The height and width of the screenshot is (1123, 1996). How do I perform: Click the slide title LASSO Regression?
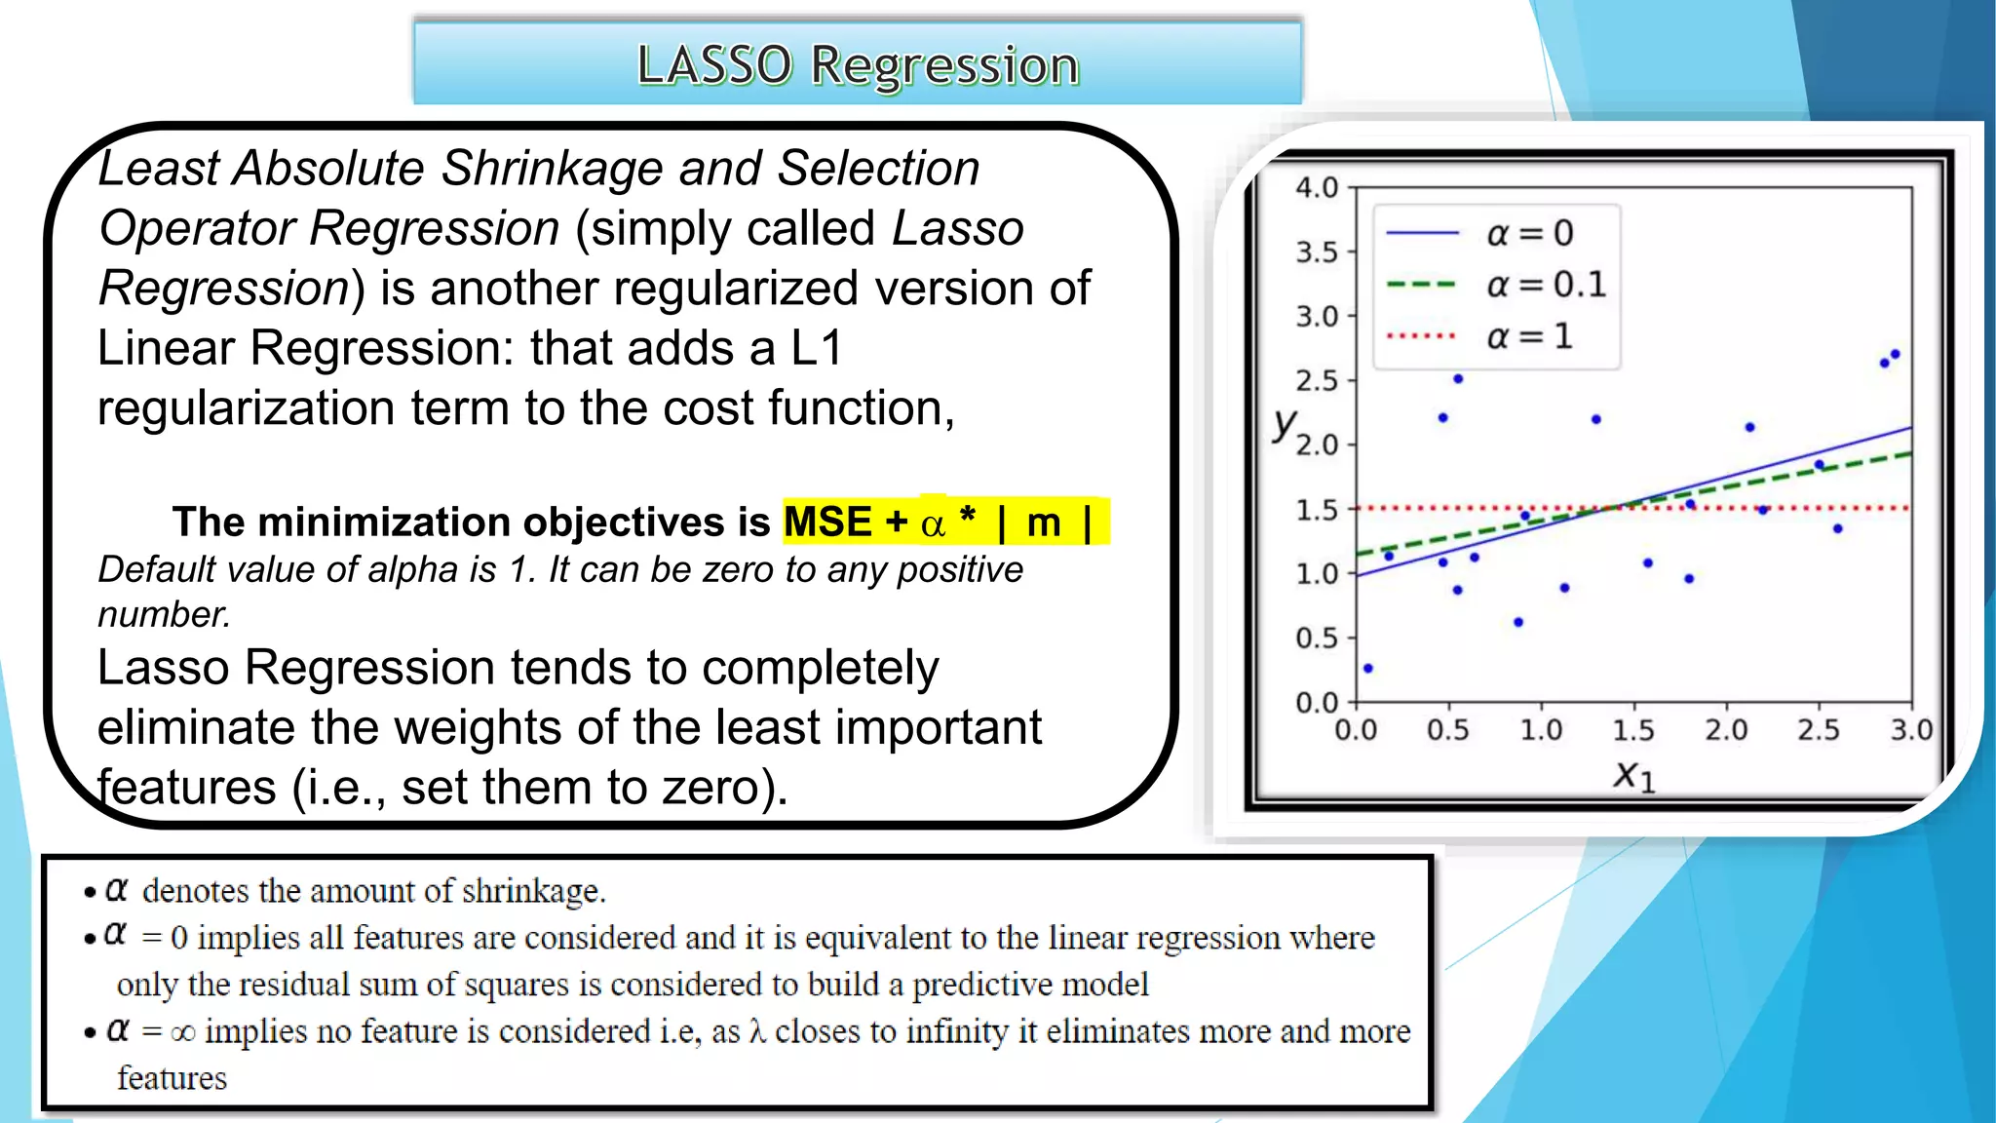858,65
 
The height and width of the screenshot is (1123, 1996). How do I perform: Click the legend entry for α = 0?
1528,234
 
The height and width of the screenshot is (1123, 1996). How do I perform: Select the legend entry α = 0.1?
1544,285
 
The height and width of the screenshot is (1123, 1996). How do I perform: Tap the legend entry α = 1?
1528,336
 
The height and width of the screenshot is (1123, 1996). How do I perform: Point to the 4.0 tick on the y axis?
1317,187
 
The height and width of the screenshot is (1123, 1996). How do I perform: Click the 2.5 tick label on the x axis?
1819,730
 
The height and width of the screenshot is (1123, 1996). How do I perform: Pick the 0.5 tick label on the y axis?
1317,639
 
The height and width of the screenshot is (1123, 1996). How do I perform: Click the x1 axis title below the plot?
1633,776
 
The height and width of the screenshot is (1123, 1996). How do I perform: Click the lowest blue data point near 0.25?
1368,669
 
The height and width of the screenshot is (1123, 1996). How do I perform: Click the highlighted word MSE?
827,523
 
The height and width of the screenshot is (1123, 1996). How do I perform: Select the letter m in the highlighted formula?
1043,523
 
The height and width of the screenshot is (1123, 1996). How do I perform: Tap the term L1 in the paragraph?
817,348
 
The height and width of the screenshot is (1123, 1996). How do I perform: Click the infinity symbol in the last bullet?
182,1032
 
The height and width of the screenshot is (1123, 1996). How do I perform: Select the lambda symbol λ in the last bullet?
757,1031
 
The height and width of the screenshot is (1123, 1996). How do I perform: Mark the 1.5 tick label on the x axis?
1633,730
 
